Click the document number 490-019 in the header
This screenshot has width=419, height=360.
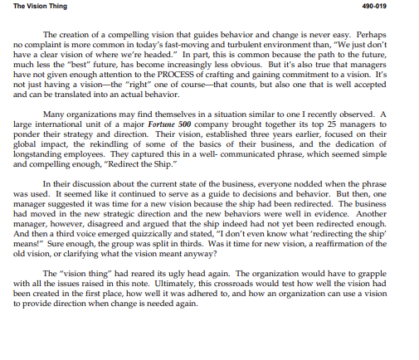398,7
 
